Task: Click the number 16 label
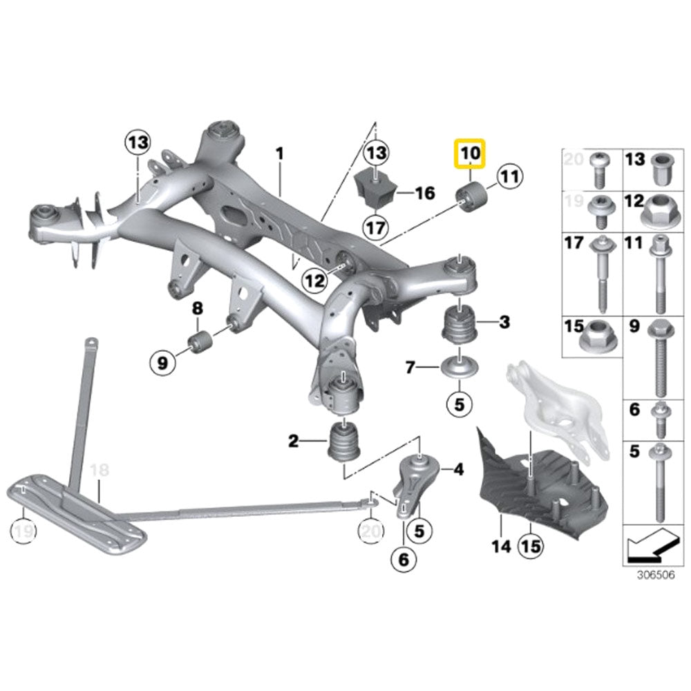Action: click(424, 192)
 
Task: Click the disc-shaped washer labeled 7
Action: click(458, 367)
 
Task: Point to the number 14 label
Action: click(501, 547)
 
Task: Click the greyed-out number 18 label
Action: click(100, 470)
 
